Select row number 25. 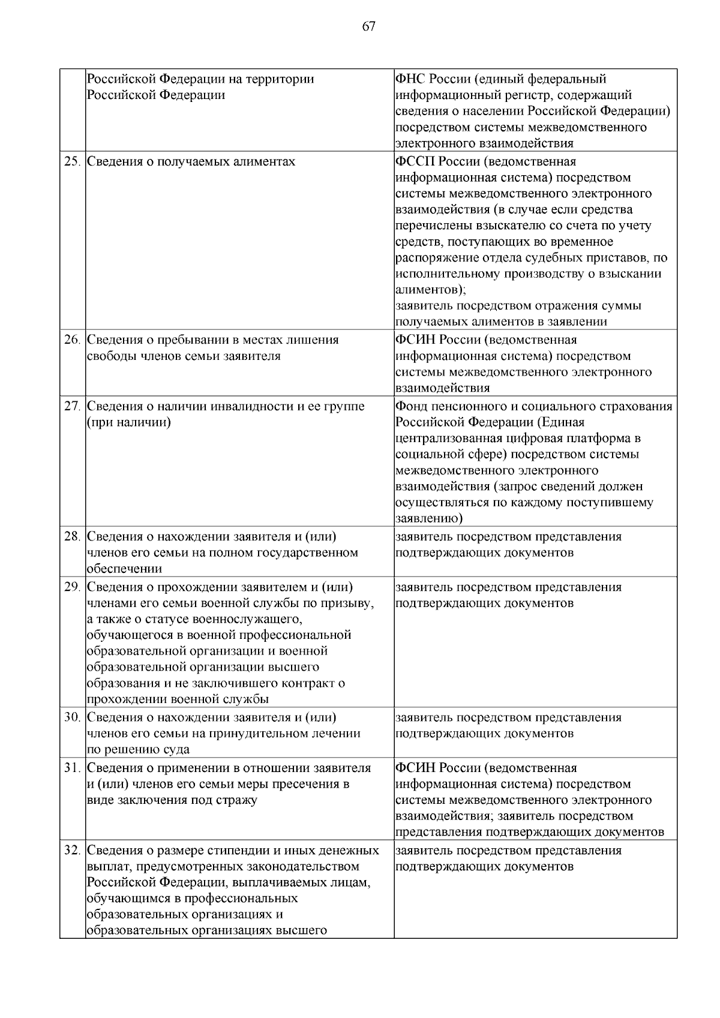[72, 162]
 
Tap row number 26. [72, 340]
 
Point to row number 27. [72, 407]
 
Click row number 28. [72, 537]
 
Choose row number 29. [72, 587]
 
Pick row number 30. [72, 717]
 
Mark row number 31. [72, 768]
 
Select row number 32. [72, 851]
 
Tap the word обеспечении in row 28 [124, 569]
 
